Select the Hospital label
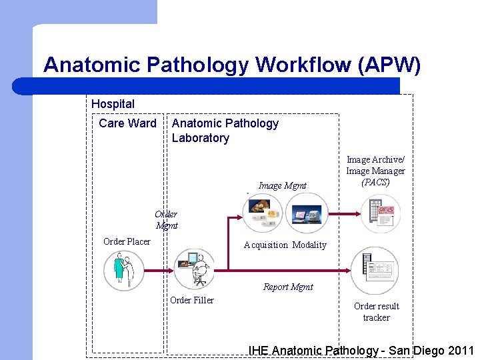tap(113, 104)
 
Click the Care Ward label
tap(127, 123)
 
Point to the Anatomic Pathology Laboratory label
tap(225, 131)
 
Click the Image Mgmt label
tap(283, 186)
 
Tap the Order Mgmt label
tap(166, 220)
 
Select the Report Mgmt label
tap(288, 287)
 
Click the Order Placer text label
tap(127, 241)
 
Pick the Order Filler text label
tap(192, 300)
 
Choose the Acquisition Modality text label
tap(285, 245)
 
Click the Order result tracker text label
tap(377, 312)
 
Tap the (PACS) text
tap(375, 182)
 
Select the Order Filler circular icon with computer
tap(194, 268)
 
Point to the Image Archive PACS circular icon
tap(381, 213)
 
